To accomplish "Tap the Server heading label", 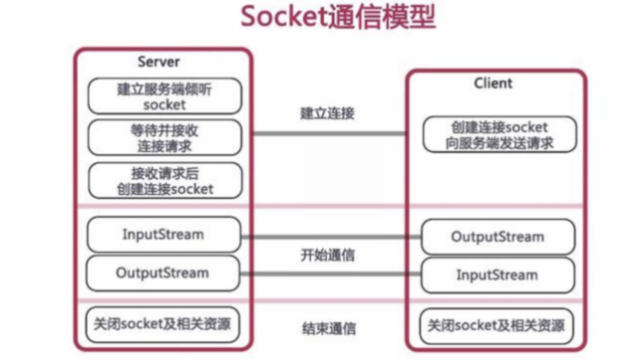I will (x=159, y=62).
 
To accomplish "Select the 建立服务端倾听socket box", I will (x=164, y=96).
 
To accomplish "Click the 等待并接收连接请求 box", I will (x=164, y=136).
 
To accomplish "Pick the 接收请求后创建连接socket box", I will (x=164, y=180).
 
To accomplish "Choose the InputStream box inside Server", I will (x=163, y=234).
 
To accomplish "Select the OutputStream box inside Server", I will (x=163, y=273).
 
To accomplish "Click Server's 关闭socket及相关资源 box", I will (x=163, y=324).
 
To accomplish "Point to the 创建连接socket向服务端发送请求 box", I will (x=498, y=135).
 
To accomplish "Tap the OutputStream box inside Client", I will (x=498, y=236).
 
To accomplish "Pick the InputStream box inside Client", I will (x=498, y=275).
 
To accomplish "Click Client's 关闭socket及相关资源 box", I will (x=498, y=326).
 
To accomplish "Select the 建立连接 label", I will (x=327, y=113).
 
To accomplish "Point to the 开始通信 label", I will (x=328, y=255).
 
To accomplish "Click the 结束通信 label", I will (x=328, y=327).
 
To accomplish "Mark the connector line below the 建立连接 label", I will (x=327, y=134).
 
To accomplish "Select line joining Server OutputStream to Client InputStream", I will (x=327, y=273).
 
